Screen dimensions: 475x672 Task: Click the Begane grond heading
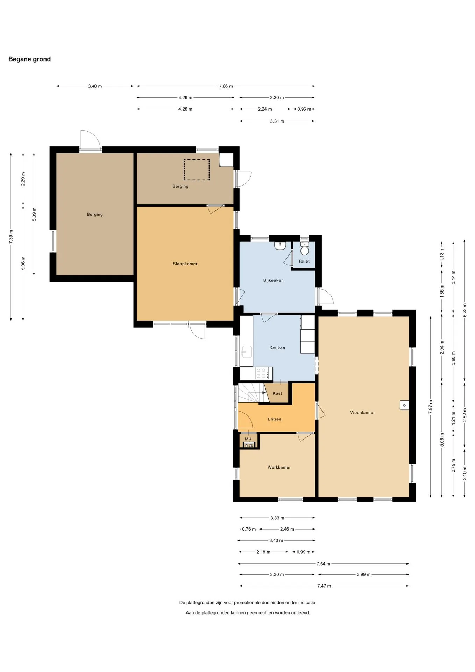[29, 59]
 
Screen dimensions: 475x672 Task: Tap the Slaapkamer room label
[185, 264]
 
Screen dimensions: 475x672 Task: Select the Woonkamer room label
[362, 412]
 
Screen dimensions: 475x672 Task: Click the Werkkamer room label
[279, 467]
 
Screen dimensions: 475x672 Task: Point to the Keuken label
[277, 348]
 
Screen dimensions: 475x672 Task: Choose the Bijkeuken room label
[273, 280]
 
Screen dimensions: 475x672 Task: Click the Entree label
[275, 419]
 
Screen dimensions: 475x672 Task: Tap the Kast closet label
[277, 393]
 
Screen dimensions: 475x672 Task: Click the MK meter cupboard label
[248, 439]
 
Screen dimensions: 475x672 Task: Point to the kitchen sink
[247, 351]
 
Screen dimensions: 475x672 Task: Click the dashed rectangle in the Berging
[197, 170]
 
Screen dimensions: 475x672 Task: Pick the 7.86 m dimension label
[226, 86]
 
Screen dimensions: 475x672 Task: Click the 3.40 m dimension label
[95, 86]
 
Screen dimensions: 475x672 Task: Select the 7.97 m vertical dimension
[431, 407]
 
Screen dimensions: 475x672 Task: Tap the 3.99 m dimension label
[363, 574]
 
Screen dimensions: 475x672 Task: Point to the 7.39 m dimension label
[11, 237]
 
